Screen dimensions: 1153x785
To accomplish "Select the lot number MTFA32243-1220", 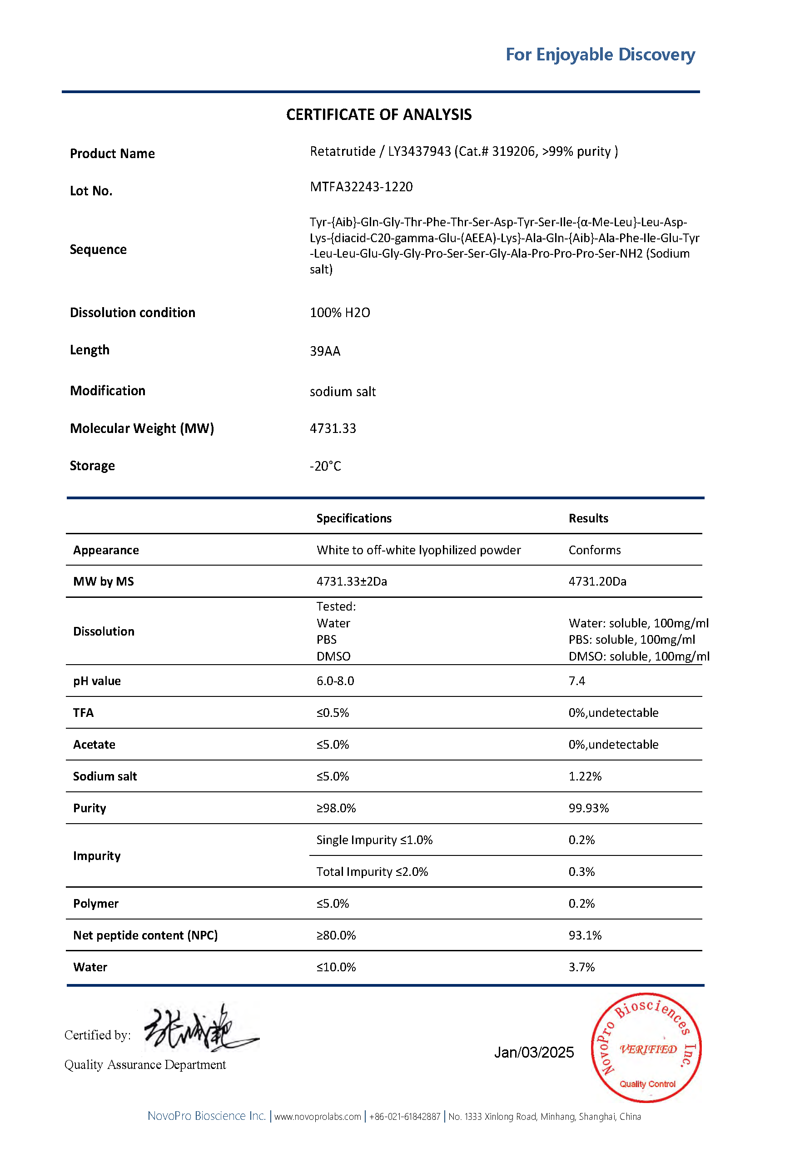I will tap(361, 187).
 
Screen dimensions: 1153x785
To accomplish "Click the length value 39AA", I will tap(324, 351).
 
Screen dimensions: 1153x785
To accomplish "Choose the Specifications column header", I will tap(353, 518).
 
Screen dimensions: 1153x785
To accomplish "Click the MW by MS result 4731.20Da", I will tap(597, 581).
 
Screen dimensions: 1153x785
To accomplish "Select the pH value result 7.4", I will tap(576, 681).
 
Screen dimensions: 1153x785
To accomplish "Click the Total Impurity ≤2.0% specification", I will tap(372, 872).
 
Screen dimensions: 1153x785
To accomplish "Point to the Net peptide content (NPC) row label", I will tap(145, 935).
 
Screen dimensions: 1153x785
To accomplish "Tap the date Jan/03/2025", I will tap(533, 1052).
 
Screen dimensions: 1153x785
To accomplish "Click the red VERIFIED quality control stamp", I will tap(646, 1048).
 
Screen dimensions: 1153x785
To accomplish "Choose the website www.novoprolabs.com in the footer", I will tap(317, 1117).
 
